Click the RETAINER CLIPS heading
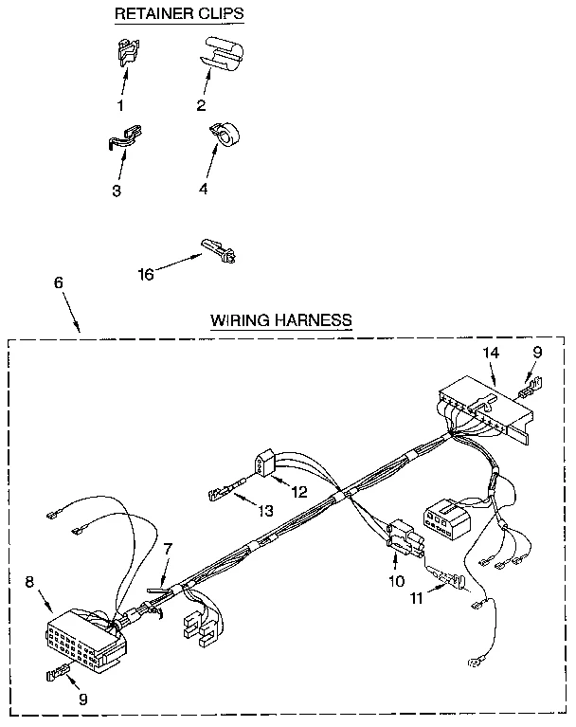pyautogui.click(x=178, y=13)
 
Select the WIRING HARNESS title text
pyautogui.click(x=281, y=320)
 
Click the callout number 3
pyautogui.click(x=116, y=191)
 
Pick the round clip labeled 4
pyautogui.click(x=226, y=135)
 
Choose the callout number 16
pyautogui.click(x=145, y=274)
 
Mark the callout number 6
pyautogui.click(x=59, y=282)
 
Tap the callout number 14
pyautogui.click(x=490, y=353)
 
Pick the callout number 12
pyautogui.click(x=299, y=492)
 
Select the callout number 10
pyautogui.click(x=396, y=580)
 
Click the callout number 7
pyautogui.click(x=167, y=550)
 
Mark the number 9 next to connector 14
pyautogui.click(x=537, y=353)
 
